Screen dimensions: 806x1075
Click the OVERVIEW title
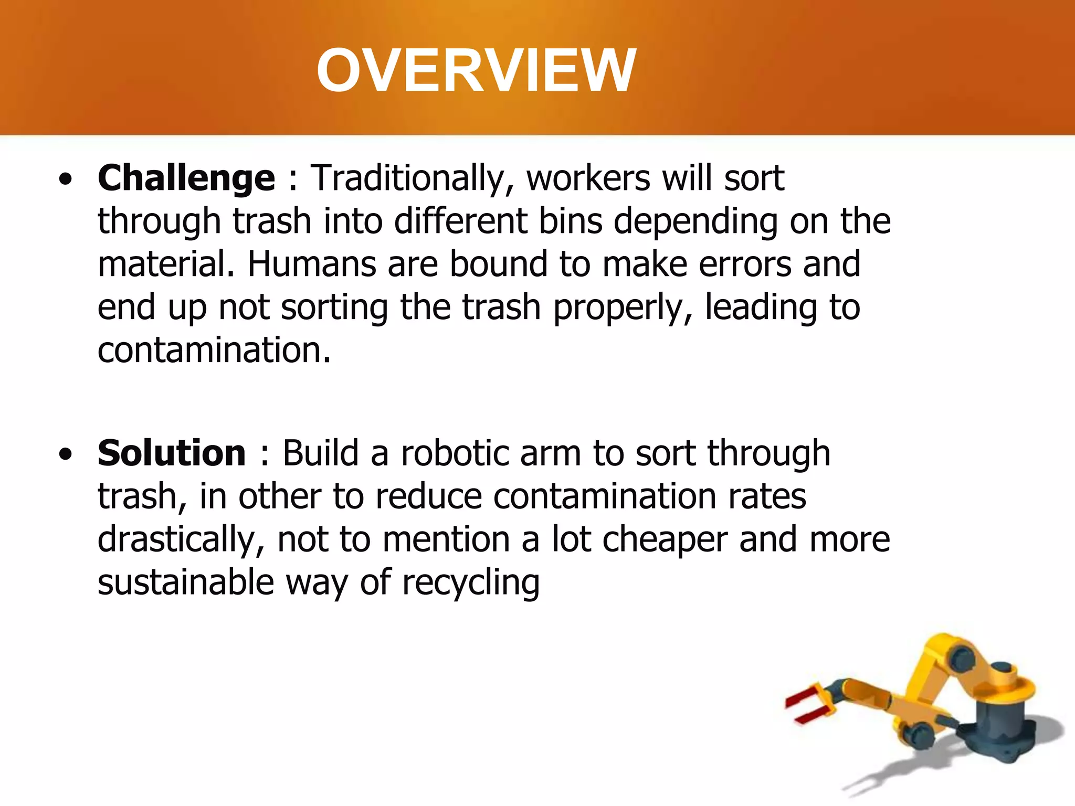pyautogui.click(x=476, y=71)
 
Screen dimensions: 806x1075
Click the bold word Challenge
pyautogui.click(x=186, y=178)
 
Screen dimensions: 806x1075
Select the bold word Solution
pyautogui.click(x=172, y=453)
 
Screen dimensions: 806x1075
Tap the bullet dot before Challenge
pyautogui.click(x=66, y=180)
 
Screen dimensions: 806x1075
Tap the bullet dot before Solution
pyautogui.click(x=66, y=454)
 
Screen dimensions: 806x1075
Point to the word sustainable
pyautogui.click(x=186, y=582)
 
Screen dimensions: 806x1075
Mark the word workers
pyautogui.click(x=588, y=178)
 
